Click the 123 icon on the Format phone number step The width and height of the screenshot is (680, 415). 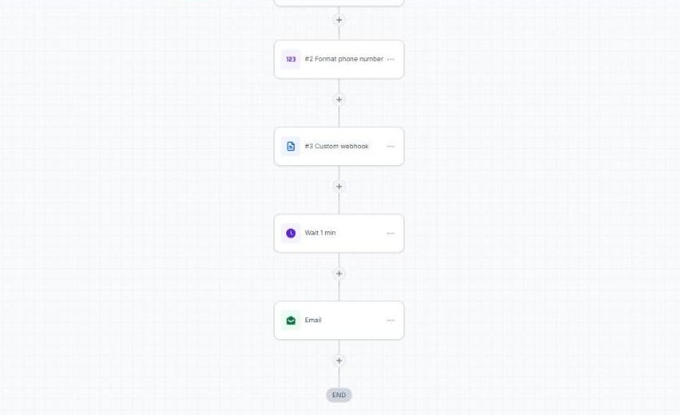(x=291, y=59)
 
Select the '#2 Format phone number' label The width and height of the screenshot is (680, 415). (x=344, y=59)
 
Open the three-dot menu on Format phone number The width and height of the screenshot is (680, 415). (x=390, y=59)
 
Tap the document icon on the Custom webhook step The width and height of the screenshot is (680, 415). (x=291, y=147)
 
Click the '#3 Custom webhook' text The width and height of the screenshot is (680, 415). (x=336, y=147)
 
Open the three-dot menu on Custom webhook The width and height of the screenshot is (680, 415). (x=390, y=147)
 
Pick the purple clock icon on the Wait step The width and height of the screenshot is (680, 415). (x=291, y=233)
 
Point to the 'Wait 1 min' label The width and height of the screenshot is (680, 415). (x=320, y=233)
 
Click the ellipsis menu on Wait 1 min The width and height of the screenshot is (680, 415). (x=390, y=233)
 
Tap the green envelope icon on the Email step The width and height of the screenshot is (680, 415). (x=291, y=321)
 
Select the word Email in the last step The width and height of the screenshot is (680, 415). (x=314, y=320)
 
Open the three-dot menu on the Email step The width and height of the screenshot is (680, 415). (x=390, y=321)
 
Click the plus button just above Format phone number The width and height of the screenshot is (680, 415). (x=339, y=20)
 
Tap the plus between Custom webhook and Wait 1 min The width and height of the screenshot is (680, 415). (x=339, y=187)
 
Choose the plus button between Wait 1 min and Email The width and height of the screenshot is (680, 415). (x=339, y=274)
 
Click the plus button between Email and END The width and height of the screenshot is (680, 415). (x=339, y=361)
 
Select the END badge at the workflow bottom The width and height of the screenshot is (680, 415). (x=339, y=395)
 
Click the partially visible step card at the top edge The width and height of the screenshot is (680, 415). (x=339, y=3)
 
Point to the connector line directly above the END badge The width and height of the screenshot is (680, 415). (x=339, y=377)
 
